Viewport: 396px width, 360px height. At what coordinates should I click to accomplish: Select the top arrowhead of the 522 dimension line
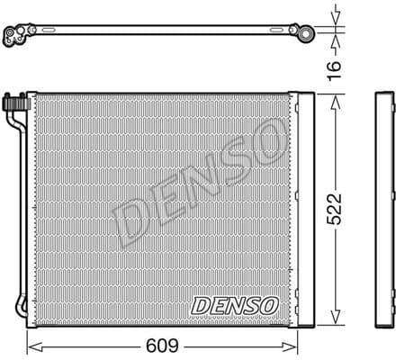(x=334, y=94)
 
